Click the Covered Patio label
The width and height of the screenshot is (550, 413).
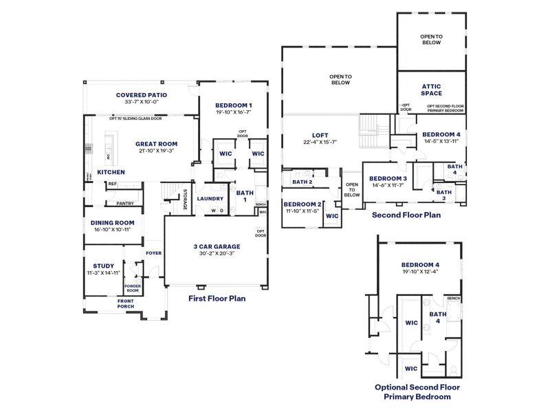point(142,95)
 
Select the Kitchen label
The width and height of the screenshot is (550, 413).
point(111,172)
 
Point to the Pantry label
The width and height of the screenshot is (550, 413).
point(124,203)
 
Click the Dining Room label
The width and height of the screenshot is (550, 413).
point(113,222)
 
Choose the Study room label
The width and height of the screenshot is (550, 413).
point(103,266)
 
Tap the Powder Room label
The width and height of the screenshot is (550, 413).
point(132,288)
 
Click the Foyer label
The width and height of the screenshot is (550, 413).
point(153,253)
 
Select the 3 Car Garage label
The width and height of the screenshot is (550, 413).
point(217,246)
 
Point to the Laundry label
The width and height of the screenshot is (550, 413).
point(210,199)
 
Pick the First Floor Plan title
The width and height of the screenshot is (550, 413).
point(217,299)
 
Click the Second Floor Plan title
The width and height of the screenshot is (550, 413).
point(406,215)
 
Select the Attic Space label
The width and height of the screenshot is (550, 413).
point(432,89)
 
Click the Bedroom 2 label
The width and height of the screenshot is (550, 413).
point(302,204)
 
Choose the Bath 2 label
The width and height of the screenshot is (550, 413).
point(302,182)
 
